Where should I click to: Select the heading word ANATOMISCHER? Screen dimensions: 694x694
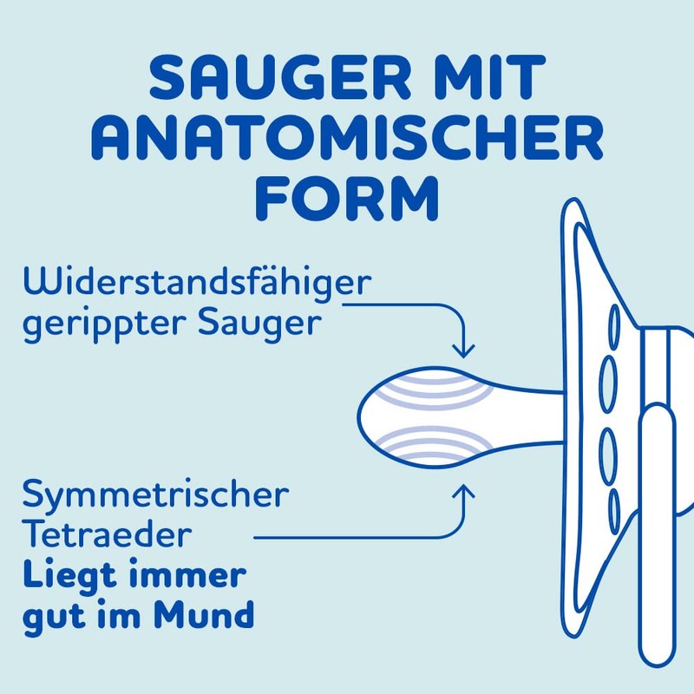point(347,139)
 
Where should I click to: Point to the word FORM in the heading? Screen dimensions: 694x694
point(347,198)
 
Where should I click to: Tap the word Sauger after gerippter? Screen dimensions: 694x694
point(260,325)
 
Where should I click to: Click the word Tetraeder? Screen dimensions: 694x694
point(105,534)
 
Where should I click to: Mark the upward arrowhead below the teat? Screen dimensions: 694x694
point(466,491)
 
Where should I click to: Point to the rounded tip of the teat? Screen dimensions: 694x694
point(368,416)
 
